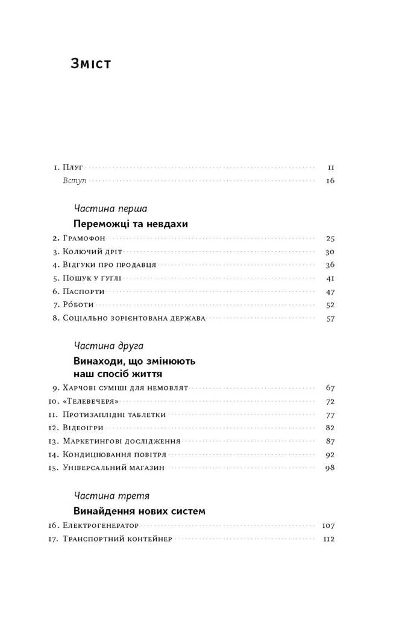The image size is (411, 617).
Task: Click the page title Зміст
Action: tap(91, 63)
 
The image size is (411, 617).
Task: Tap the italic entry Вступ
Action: tap(74, 181)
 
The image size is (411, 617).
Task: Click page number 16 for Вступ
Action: tap(330, 181)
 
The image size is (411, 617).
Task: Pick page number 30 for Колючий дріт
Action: tap(330, 252)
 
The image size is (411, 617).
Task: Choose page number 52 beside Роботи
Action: tap(330, 305)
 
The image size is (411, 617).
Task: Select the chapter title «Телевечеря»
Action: tap(87, 401)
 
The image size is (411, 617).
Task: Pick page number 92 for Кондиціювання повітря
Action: tap(330, 454)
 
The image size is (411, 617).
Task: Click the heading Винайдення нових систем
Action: tap(139, 511)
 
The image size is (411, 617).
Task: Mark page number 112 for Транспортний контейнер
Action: tap(328, 539)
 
